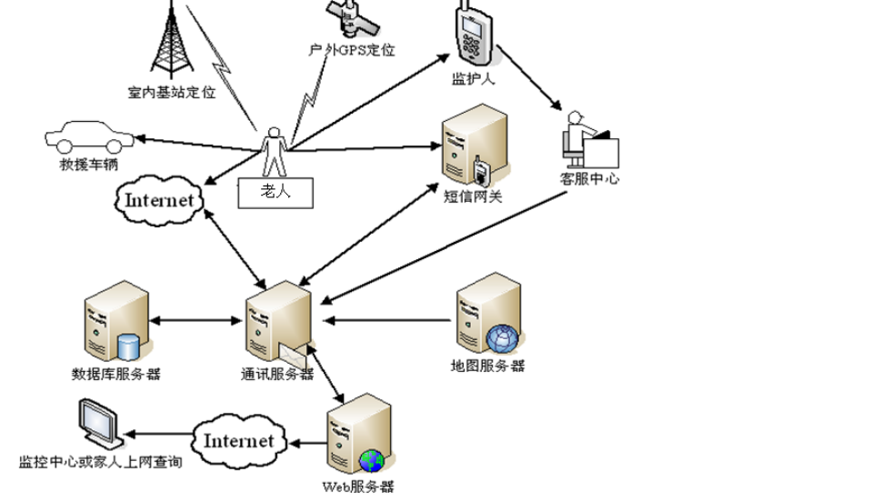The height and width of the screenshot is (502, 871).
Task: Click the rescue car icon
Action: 88,139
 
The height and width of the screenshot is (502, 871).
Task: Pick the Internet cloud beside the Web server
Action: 237,441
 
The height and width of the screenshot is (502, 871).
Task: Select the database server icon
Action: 115,323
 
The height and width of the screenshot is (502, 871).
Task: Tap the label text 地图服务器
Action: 488,366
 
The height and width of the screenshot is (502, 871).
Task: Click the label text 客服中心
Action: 590,179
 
